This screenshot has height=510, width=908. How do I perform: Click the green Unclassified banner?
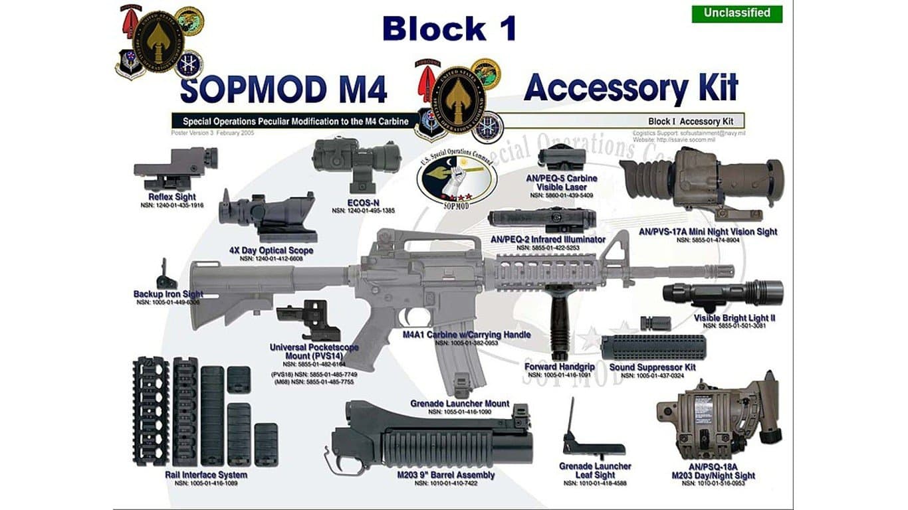click(737, 13)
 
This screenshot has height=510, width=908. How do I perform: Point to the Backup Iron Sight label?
click(168, 294)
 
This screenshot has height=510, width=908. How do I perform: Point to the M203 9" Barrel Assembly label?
click(445, 475)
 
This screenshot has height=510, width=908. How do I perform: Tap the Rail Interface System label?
click(206, 475)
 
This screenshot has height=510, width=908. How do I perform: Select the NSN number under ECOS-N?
click(363, 211)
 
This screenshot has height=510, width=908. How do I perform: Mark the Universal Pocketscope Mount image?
click(311, 320)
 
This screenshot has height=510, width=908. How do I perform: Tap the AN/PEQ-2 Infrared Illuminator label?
click(548, 239)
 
